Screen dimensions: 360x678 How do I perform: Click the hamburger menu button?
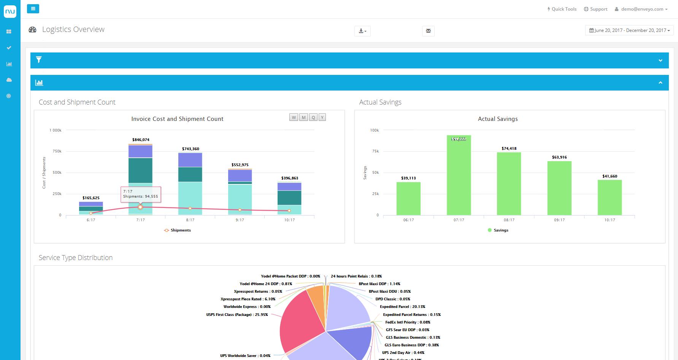point(33,9)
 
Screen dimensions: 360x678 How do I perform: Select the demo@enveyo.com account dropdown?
point(641,9)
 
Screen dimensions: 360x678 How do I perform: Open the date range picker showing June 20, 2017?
point(629,30)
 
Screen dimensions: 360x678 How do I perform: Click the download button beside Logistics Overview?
point(362,31)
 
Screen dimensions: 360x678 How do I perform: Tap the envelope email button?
point(428,31)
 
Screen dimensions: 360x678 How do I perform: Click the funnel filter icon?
point(39,60)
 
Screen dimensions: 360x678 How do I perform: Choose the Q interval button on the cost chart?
point(313,117)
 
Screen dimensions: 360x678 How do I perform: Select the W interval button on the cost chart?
point(294,117)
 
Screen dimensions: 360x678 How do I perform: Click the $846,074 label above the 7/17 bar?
point(141,140)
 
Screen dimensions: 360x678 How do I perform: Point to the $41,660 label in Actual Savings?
point(610,176)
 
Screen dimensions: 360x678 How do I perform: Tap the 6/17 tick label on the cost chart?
point(91,220)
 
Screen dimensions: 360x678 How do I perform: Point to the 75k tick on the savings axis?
point(375,151)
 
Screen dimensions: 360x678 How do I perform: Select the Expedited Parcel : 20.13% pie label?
point(402,307)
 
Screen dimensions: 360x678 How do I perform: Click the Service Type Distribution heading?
point(76,258)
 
